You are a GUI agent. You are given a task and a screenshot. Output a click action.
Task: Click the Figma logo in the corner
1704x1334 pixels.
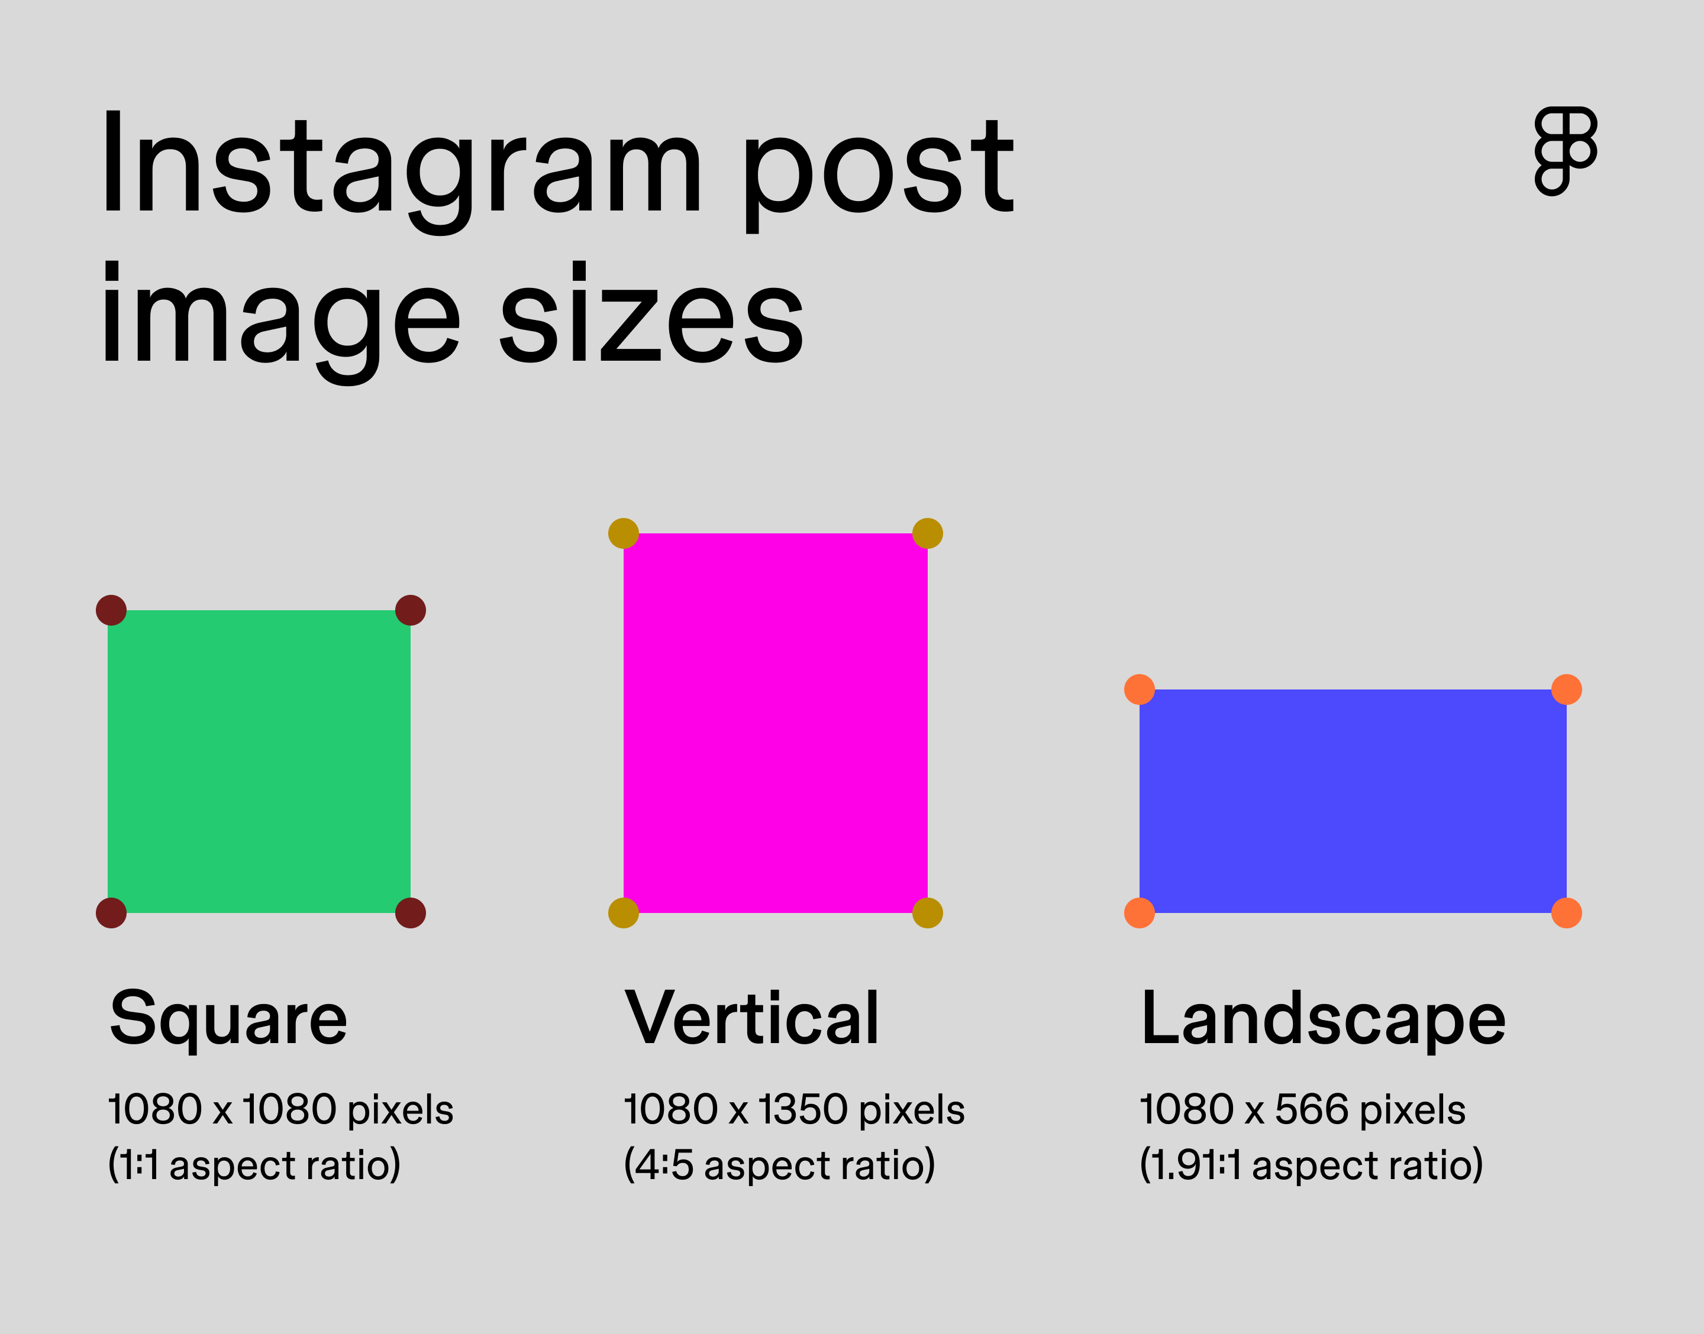point(1566,151)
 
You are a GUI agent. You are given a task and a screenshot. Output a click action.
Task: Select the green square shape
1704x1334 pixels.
point(259,762)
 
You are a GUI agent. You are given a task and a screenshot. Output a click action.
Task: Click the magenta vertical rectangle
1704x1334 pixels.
point(775,723)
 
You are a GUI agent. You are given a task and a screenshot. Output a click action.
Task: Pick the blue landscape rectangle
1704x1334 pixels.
point(1353,801)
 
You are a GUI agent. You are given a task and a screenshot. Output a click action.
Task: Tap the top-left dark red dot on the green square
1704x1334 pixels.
point(111,610)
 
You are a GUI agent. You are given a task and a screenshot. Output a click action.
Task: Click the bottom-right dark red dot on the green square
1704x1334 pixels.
point(410,912)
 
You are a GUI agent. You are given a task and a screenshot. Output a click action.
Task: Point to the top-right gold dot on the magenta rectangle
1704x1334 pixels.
point(927,533)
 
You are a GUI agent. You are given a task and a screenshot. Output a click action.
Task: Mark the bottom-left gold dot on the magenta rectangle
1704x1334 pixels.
point(624,912)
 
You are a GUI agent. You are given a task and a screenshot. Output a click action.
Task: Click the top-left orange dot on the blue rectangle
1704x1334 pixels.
point(1139,689)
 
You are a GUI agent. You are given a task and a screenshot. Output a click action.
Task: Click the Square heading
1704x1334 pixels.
point(228,1019)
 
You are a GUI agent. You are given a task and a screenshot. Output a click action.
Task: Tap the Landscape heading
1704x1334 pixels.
point(1323,1019)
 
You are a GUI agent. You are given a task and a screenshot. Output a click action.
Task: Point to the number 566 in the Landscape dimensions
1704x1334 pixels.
point(1312,1109)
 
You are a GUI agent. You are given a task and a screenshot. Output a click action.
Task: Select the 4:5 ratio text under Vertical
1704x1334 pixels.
point(663,1164)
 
